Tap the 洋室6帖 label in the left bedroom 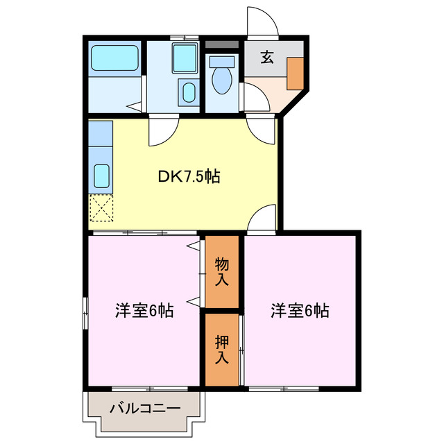[144, 311]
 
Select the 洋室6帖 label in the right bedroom [300, 311]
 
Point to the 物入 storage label [222, 272]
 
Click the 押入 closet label [222, 350]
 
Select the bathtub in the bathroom [115, 58]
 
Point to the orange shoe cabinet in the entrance [296, 73]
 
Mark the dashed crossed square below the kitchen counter [101, 207]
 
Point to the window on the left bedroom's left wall [86, 315]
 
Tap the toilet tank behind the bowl [222, 61]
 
